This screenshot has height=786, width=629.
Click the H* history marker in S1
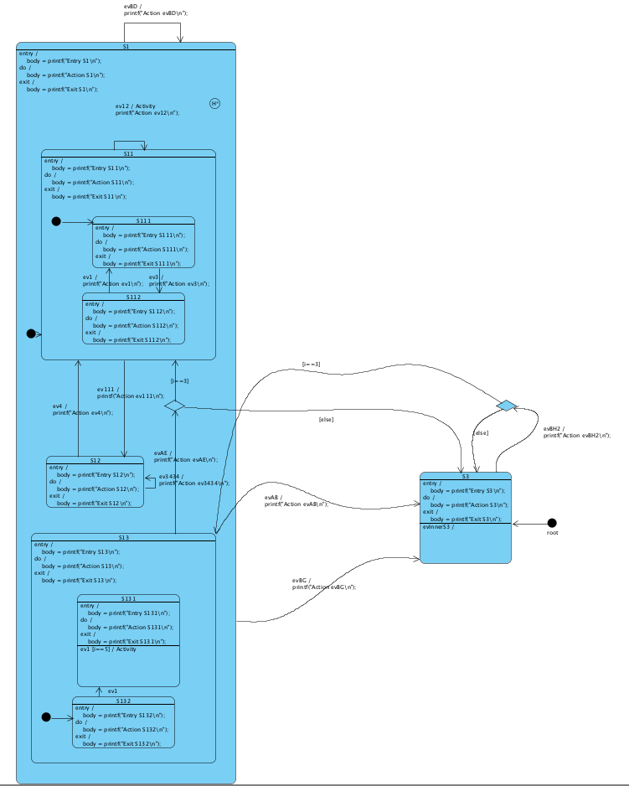(x=214, y=103)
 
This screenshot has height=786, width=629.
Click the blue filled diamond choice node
(x=507, y=406)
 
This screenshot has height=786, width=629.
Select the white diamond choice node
(x=174, y=406)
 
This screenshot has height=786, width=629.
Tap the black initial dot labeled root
(x=552, y=523)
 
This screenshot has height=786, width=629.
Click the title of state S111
(x=143, y=220)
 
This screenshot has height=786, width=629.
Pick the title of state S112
(x=133, y=297)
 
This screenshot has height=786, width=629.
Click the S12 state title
(x=95, y=460)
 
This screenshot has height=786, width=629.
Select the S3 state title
(x=465, y=476)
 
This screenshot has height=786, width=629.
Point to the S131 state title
(x=128, y=598)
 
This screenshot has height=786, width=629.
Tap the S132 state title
(x=123, y=701)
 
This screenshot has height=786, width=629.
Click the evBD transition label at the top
(x=156, y=10)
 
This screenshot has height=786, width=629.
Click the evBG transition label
(x=323, y=583)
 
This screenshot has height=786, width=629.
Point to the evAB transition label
(x=296, y=500)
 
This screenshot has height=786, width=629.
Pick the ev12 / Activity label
(x=147, y=110)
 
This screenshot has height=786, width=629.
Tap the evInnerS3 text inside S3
(x=439, y=527)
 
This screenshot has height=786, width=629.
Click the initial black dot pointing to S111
(x=56, y=221)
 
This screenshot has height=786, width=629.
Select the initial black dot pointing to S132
(x=46, y=717)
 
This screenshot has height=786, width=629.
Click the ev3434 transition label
(x=193, y=479)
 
